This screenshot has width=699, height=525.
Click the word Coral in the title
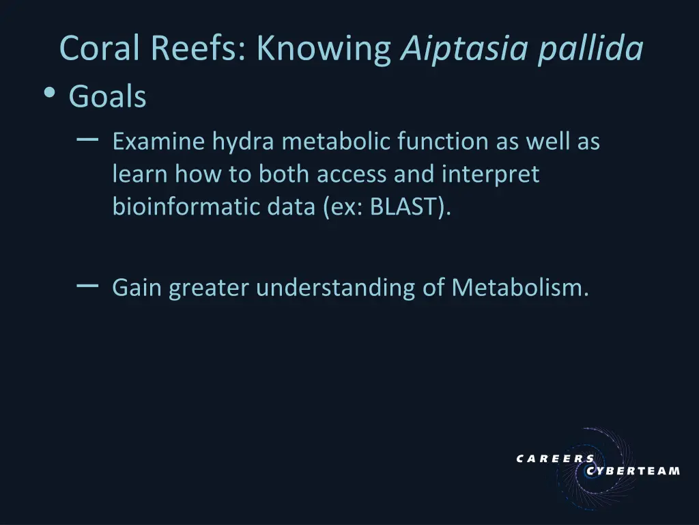100,48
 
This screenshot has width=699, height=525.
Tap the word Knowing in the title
324,48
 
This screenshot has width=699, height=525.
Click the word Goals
107,97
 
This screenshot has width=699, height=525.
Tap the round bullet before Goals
49,96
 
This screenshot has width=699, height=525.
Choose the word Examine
159,142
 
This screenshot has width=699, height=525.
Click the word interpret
490,175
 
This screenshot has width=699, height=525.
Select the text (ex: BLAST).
388,207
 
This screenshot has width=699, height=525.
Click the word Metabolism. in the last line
519,288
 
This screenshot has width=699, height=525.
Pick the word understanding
336,288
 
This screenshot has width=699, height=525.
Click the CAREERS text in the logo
555,459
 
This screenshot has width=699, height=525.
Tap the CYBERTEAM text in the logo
633,470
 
